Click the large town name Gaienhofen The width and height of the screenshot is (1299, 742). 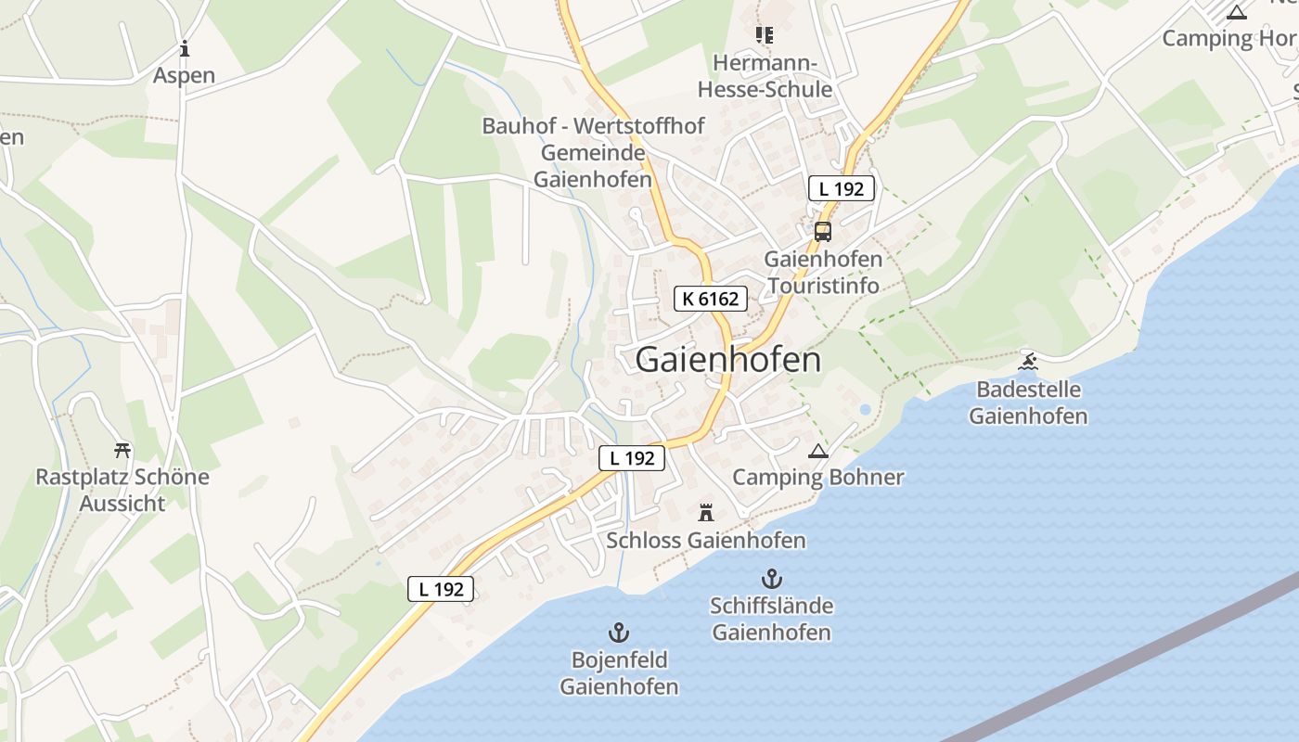728,360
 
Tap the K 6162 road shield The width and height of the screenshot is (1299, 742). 710,299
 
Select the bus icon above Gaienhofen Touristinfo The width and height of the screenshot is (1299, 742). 823,232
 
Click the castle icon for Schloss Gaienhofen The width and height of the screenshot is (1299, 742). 706,512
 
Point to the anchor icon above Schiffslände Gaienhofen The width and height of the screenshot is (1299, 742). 771,580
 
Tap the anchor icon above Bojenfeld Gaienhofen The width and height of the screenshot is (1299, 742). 619,633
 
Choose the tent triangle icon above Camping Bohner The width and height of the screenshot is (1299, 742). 817,452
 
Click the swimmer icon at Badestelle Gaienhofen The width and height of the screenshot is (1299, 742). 1028,361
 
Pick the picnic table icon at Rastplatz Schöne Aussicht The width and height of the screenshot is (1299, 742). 122,451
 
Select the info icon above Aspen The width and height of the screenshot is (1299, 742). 185,49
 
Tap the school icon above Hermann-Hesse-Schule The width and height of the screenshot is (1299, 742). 765,35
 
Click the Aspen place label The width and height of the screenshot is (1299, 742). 185,75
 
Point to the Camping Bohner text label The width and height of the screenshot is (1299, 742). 817,477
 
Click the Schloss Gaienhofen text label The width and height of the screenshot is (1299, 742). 706,540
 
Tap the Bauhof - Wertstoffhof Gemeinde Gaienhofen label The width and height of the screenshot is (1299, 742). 593,152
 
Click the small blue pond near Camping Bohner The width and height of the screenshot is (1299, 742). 865,409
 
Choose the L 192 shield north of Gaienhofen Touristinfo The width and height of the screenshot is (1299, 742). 841,189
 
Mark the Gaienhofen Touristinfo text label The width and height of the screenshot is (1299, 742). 823,272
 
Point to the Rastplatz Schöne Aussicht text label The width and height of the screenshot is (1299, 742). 122,491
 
